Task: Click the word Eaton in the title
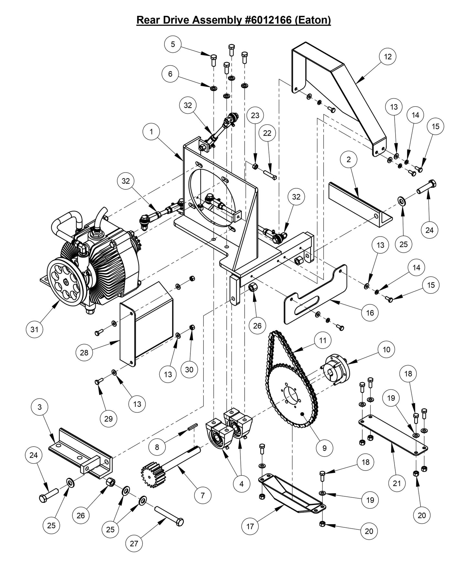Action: pyautogui.click(x=312, y=20)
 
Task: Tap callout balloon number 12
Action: pyautogui.click(x=387, y=57)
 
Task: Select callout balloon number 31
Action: pyautogui.click(x=35, y=329)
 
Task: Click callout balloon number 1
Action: pyautogui.click(x=151, y=132)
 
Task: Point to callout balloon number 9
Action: pyautogui.click(x=324, y=448)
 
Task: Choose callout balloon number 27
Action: pyautogui.click(x=134, y=543)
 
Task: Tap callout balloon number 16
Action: pyautogui.click(x=370, y=312)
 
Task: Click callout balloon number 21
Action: pyautogui.click(x=397, y=483)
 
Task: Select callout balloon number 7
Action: pyautogui.click(x=203, y=495)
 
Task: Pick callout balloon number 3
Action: pyautogui.click(x=40, y=407)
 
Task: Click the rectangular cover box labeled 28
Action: pyautogui.click(x=147, y=323)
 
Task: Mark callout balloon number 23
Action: pyautogui.click(x=255, y=115)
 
